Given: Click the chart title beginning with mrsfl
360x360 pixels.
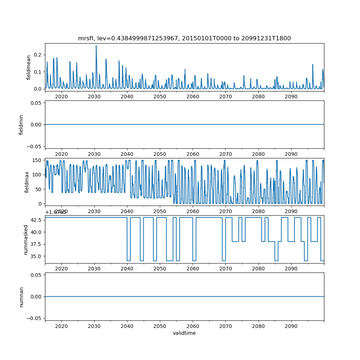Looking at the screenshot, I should click(184, 38).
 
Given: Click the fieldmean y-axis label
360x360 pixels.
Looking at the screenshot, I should click(28, 68).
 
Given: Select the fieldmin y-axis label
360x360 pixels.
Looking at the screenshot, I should click(21, 125).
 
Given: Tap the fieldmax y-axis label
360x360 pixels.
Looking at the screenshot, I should click(26, 182).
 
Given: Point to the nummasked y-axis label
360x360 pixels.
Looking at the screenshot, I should click(26, 239).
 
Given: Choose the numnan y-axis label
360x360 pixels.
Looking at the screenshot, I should click(21, 297).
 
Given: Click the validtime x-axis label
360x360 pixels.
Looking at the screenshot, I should click(184, 333).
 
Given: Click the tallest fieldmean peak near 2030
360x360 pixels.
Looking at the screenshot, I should click(96, 46).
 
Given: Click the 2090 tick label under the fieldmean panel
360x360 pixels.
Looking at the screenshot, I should click(291, 96).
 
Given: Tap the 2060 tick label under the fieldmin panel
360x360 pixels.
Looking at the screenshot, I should click(193, 154).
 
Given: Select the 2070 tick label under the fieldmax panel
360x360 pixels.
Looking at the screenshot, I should click(225, 211).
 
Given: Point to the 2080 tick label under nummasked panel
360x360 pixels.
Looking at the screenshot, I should click(258, 269).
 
